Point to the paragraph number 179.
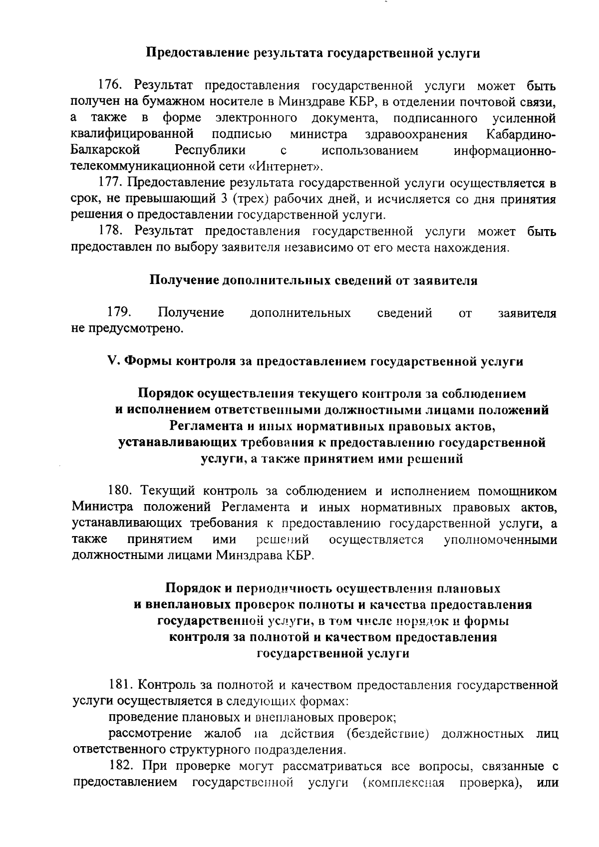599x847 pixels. (x=119, y=312)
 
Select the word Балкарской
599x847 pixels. (x=105, y=150)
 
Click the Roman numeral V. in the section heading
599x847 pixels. (x=113, y=361)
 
